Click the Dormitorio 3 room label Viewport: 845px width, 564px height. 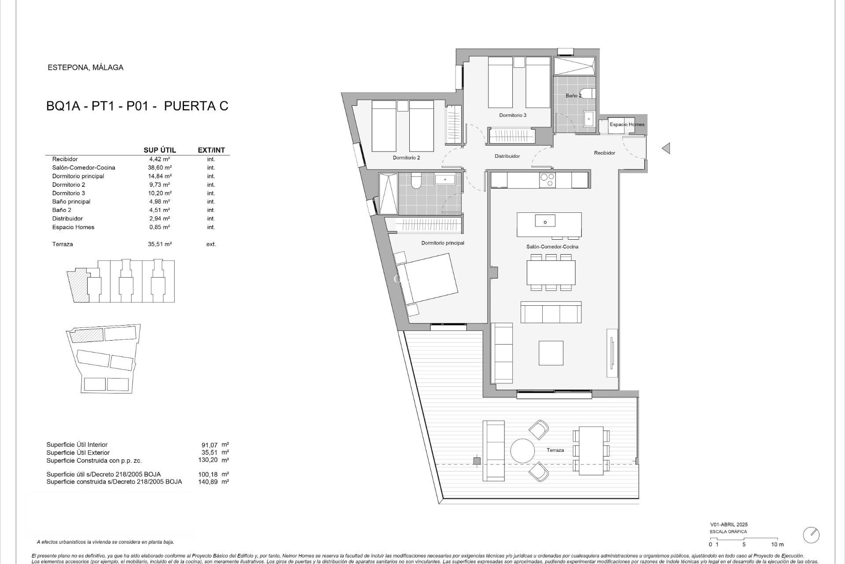click(512, 115)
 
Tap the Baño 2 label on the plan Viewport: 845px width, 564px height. click(573, 96)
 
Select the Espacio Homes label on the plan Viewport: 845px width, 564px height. click(627, 125)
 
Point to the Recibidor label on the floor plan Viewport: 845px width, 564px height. click(604, 153)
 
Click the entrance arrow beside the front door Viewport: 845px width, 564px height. click(666, 148)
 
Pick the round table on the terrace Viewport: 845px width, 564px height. click(522, 450)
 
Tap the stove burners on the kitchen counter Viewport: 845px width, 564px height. click(547, 180)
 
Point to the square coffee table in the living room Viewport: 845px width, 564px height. click(551, 352)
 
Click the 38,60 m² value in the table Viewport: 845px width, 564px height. click(159, 167)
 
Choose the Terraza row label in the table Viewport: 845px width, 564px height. click(62, 244)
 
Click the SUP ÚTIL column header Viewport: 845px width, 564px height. click(160, 150)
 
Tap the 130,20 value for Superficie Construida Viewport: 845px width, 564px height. click(208, 460)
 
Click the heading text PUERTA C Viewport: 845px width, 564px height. click(196, 106)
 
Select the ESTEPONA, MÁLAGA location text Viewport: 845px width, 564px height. click(85, 68)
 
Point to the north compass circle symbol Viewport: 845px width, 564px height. click(811, 535)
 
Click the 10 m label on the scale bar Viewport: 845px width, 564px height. click(777, 545)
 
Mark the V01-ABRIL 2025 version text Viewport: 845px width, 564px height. click(728, 525)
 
